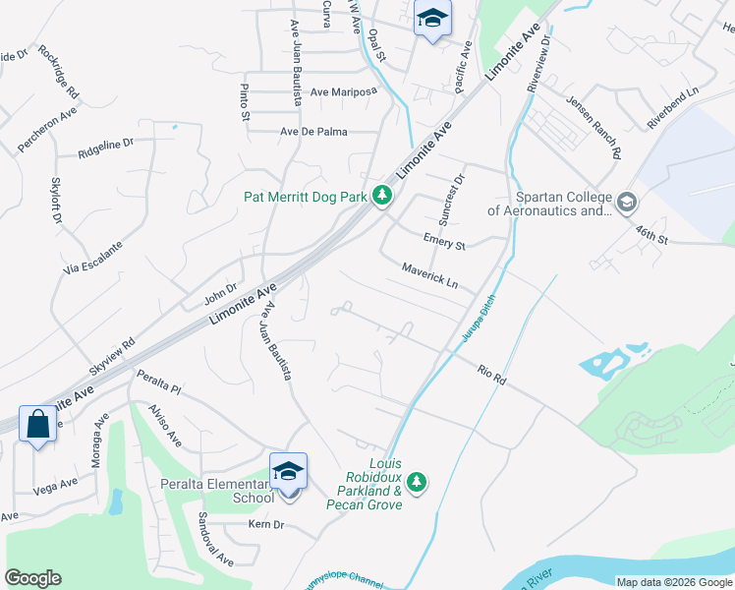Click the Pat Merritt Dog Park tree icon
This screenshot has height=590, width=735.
pyautogui.click(x=382, y=198)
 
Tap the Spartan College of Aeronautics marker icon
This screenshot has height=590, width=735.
pyautogui.click(x=627, y=204)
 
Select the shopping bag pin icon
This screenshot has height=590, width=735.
pyautogui.click(x=37, y=425)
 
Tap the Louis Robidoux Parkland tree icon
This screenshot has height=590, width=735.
pyautogui.click(x=418, y=482)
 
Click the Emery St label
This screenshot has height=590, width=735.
pyautogui.click(x=444, y=242)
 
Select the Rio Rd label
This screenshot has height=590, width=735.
pyautogui.click(x=490, y=375)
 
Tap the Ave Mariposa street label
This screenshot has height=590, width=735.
pyautogui.click(x=343, y=91)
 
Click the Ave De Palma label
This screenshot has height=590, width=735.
pyautogui.click(x=314, y=132)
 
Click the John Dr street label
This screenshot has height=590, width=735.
pyautogui.click(x=220, y=291)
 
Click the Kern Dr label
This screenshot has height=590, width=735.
pyautogui.click(x=265, y=525)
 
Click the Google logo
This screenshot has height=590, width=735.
pyautogui.click(x=33, y=578)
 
